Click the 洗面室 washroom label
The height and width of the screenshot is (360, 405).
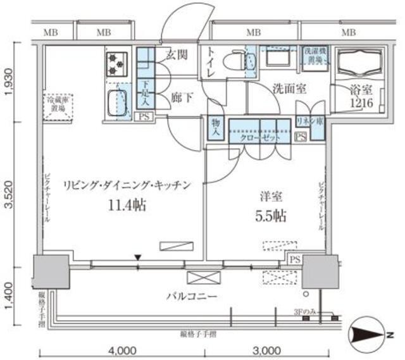tap(289, 89)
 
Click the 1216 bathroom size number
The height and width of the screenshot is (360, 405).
tap(363, 104)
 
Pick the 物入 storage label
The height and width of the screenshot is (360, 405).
tap(215, 129)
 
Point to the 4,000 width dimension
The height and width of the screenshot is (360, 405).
tap(121, 350)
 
